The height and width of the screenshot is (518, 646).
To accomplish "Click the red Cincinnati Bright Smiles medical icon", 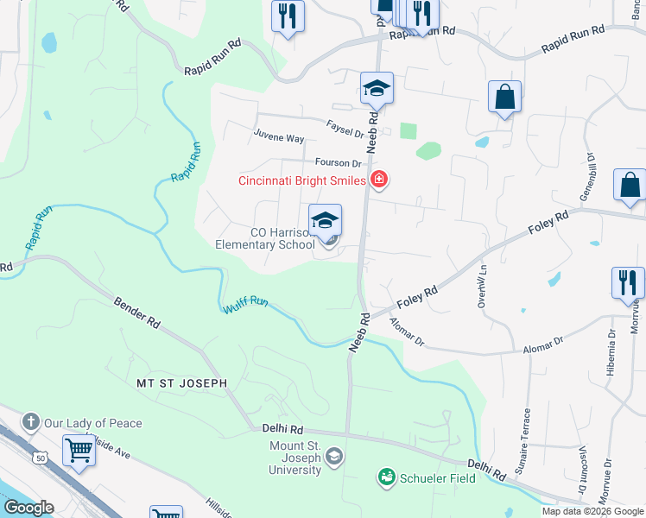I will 378,180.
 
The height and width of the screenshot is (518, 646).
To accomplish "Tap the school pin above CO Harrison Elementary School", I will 326,221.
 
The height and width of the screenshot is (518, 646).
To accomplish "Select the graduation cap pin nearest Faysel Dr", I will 377,89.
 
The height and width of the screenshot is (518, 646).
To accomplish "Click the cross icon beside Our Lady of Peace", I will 31,423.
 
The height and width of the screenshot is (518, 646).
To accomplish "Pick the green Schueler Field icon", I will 386,477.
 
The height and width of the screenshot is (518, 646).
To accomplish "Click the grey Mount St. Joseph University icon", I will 334,457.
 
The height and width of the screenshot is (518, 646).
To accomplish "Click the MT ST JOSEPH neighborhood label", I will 181,382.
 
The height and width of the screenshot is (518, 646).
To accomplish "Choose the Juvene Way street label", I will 278,137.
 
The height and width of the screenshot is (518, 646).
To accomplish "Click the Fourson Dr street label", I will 338,162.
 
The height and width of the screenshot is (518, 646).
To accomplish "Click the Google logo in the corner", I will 29,508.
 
